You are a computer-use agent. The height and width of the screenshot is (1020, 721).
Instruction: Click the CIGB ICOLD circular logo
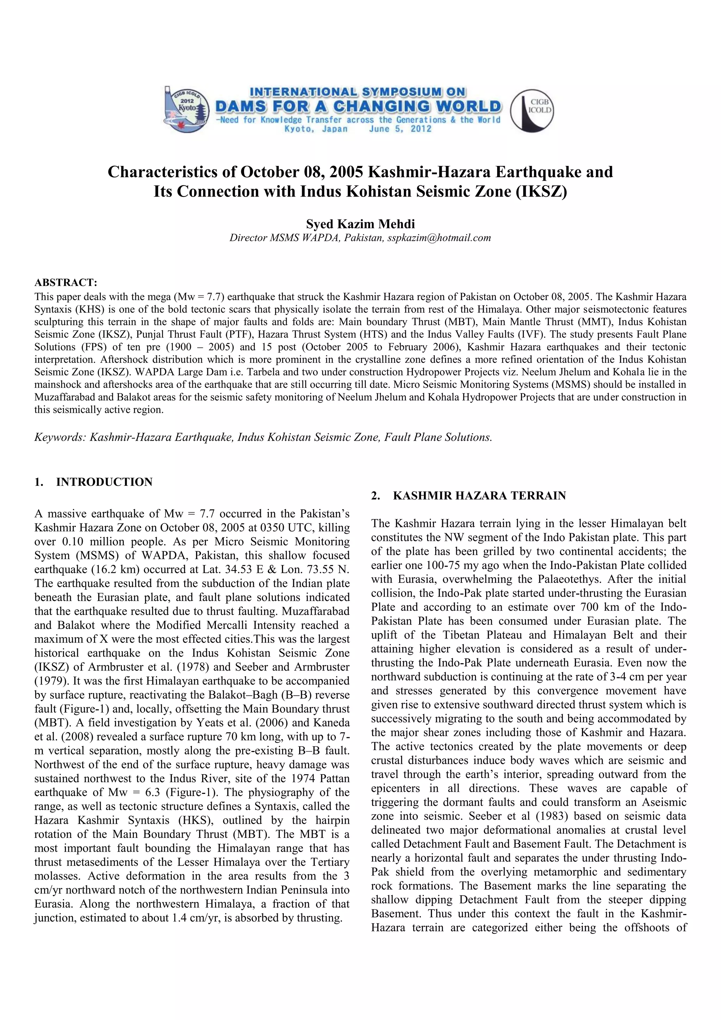click(x=532, y=110)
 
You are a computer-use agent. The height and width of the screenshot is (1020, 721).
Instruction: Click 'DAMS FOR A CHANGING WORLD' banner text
click(x=358, y=107)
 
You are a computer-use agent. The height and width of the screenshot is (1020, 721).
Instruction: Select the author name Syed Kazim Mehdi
click(x=360, y=224)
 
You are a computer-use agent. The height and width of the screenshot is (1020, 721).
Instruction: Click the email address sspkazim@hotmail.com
click(x=439, y=238)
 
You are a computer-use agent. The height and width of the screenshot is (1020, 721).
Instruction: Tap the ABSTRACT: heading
click(x=66, y=282)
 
